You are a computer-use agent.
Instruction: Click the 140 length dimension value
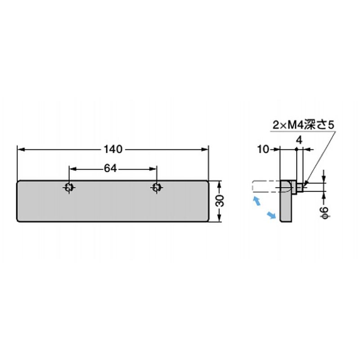click(113, 149)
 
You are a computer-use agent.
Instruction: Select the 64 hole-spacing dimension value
click(110, 168)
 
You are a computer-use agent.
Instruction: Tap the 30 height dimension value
click(220, 201)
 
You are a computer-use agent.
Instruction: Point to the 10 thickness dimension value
click(263, 149)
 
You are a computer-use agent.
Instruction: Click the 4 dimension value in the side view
click(299, 140)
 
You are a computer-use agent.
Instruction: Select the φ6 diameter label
click(325, 212)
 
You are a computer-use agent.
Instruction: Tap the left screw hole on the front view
click(69, 188)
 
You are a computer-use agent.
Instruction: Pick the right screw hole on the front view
click(157, 188)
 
